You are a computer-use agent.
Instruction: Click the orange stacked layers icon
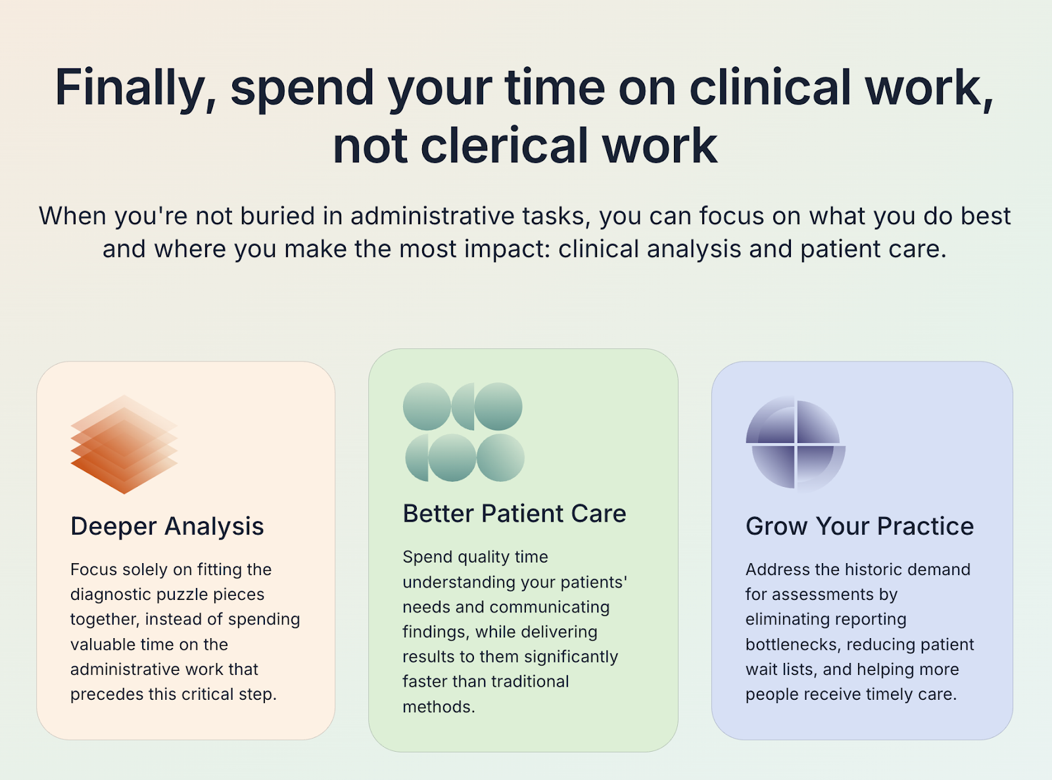tap(124, 445)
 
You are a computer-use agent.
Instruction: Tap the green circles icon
tap(464, 432)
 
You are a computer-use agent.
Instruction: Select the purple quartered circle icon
tap(796, 444)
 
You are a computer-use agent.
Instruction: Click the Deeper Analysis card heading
tap(167, 526)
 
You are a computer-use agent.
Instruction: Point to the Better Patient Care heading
tap(514, 514)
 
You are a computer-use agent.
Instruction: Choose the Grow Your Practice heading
tap(859, 526)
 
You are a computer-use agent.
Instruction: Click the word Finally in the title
tap(135, 88)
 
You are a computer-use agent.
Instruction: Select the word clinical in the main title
tap(770, 88)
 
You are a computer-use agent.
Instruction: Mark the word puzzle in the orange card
tap(191, 595)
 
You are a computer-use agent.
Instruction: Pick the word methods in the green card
tap(438, 707)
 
